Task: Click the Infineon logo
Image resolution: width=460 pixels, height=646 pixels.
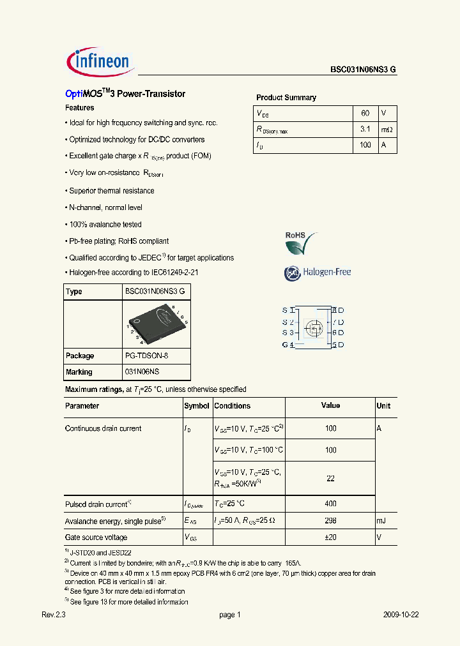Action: tap(99, 61)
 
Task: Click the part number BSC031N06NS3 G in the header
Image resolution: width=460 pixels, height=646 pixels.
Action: tap(364, 70)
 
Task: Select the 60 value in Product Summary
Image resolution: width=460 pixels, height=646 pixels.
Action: tap(365, 113)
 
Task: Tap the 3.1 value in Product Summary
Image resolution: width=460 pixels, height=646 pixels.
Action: tap(365, 130)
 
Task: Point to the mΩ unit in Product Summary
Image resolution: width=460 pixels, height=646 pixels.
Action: tap(387, 130)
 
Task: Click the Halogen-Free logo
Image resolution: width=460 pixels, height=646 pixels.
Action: tap(318, 273)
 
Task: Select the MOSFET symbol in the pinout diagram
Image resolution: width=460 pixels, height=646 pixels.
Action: tap(313, 327)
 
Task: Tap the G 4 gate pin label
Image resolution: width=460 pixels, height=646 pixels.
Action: tap(287, 345)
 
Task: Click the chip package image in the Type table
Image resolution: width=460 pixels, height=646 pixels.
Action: tap(156, 324)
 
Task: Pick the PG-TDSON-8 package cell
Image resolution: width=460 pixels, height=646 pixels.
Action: tap(146, 356)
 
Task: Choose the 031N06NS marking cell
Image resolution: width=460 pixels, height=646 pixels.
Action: tap(142, 372)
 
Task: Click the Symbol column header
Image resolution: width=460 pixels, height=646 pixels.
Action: tap(196, 406)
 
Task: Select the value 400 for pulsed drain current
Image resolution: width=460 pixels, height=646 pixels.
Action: tap(330, 504)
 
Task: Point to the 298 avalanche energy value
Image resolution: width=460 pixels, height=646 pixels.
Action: tap(330, 521)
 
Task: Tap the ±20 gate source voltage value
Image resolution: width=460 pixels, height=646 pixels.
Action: tap(330, 537)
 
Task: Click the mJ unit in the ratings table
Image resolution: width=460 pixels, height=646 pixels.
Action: tap(381, 521)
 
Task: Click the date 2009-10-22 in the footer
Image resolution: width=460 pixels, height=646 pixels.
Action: tap(401, 615)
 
